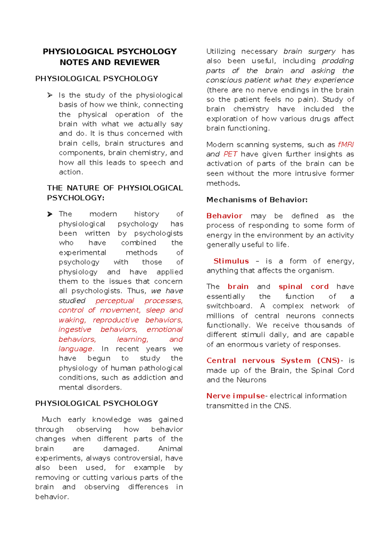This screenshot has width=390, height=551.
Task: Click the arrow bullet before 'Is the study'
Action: (x=50, y=95)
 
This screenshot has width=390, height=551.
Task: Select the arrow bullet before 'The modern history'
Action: (x=50, y=214)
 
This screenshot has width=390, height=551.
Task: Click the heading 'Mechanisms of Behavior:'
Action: (x=257, y=200)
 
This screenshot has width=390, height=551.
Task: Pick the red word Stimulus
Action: (x=231, y=261)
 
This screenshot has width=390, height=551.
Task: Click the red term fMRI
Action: (x=346, y=145)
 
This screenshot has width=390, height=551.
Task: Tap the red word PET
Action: (x=230, y=154)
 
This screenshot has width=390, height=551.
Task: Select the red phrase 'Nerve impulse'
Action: (x=236, y=396)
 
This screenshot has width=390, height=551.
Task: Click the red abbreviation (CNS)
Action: (x=328, y=361)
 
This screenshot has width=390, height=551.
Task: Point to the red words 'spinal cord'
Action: (x=304, y=287)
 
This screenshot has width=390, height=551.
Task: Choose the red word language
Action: (x=76, y=349)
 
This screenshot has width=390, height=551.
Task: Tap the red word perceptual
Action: (x=115, y=301)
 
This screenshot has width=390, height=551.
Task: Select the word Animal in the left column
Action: (x=170, y=449)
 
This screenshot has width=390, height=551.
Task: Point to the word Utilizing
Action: (x=221, y=51)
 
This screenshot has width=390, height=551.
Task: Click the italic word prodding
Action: (x=338, y=61)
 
